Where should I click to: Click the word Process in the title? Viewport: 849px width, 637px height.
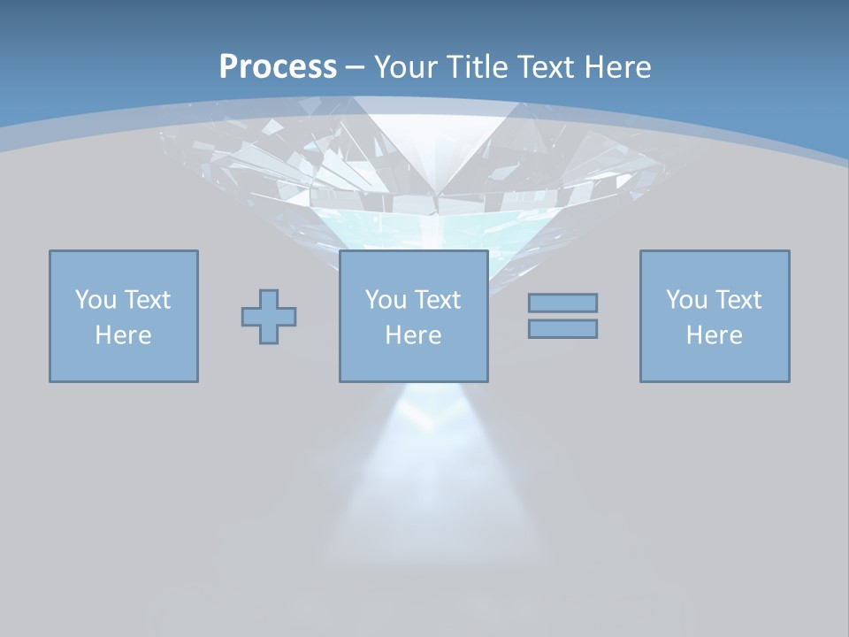coord(278,67)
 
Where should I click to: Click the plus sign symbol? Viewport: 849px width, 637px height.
coord(269,317)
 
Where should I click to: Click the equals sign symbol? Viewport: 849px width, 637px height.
coord(562,316)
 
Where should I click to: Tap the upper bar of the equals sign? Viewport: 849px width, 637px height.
coord(562,303)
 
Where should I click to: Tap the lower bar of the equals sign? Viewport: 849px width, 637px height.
coord(562,329)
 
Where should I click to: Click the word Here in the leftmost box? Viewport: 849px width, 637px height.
coord(123,335)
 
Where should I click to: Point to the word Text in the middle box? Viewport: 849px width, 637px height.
coord(437,300)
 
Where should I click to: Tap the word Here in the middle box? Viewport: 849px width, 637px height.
coord(413,335)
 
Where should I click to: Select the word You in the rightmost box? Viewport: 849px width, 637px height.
coord(686,300)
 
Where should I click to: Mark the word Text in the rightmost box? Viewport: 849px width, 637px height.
coord(738,300)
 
